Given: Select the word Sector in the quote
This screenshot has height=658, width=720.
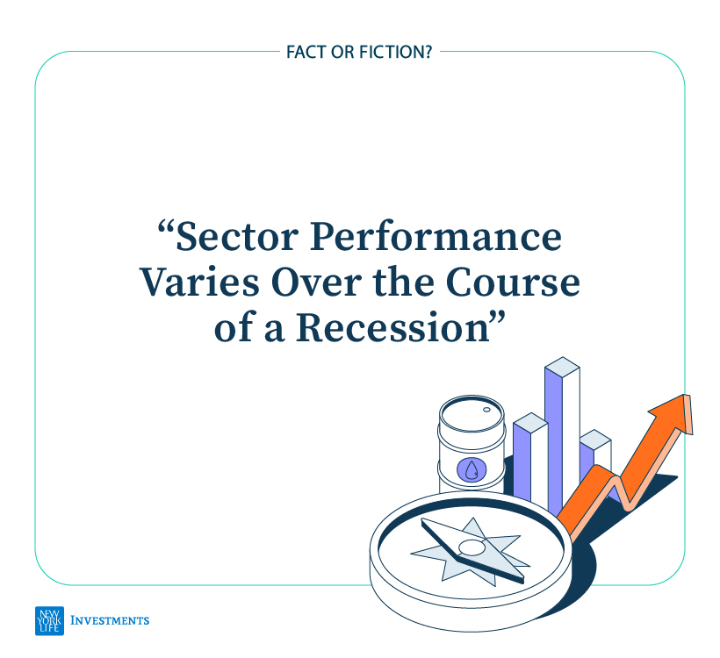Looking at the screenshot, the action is [x=237, y=237].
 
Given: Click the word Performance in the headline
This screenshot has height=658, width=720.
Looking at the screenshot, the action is [x=436, y=237].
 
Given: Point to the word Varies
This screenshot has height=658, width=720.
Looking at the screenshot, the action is [x=199, y=283].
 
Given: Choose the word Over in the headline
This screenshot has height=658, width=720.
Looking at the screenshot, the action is [x=316, y=283].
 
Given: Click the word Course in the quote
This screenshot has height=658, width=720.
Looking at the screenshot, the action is [x=513, y=283].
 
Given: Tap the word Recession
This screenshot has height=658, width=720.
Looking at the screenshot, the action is [x=393, y=327].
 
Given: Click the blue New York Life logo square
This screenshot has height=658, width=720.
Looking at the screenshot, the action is [x=49, y=621].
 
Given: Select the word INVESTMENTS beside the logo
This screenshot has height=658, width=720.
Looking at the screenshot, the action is [x=110, y=621].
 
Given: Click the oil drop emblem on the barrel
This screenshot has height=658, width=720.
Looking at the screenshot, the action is [x=472, y=469].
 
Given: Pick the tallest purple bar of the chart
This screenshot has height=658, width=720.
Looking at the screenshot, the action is [x=554, y=438].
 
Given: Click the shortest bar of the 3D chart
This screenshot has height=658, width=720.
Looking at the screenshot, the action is [x=595, y=459].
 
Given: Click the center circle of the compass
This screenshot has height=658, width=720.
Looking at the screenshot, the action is [x=471, y=547].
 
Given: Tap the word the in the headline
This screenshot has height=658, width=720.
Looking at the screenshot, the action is [x=404, y=283].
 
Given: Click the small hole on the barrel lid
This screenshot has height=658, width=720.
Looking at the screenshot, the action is [x=486, y=410].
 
